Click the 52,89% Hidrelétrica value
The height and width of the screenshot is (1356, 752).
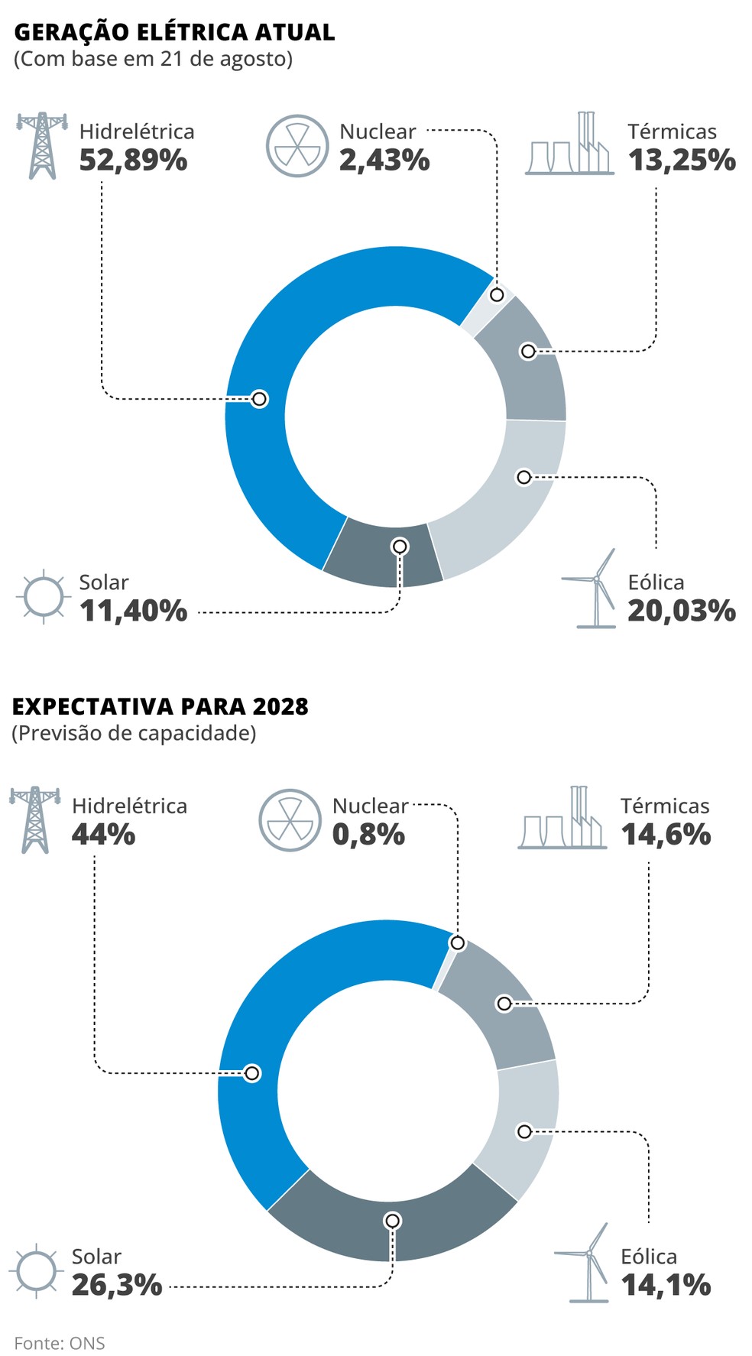click(x=133, y=161)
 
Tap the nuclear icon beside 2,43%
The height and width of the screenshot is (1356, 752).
click(x=297, y=146)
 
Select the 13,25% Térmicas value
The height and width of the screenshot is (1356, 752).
click(x=682, y=161)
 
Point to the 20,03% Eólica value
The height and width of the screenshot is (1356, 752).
click(x=682, y=611)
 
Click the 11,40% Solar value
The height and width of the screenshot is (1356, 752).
click(x=133, y=611)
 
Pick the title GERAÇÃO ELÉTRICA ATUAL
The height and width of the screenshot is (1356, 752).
click(x=174, y=32)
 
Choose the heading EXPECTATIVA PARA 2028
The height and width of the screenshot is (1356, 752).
click(x=160, y=706)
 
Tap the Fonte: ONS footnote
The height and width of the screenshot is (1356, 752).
click(x=60, y=1343)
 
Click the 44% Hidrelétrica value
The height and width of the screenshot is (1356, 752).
click(x=103, y=834)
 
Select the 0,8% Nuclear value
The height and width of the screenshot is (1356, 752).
click(x=368, y=834)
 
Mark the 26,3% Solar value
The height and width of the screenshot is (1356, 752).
click(x=117, y=1285)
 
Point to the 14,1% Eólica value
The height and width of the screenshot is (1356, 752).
click(x=666, y=1285)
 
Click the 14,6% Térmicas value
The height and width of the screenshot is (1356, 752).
click(x=666, y=834)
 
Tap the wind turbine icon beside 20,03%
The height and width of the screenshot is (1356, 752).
click(x=593, y=589)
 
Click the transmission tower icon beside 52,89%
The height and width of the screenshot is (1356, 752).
click(x=41, y=145)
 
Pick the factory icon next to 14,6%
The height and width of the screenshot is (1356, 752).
click(x=562, y=819)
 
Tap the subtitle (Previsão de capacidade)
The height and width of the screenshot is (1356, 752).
click(x=134, y=733)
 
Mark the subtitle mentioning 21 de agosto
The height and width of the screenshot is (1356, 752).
click(x=153, y=59)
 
